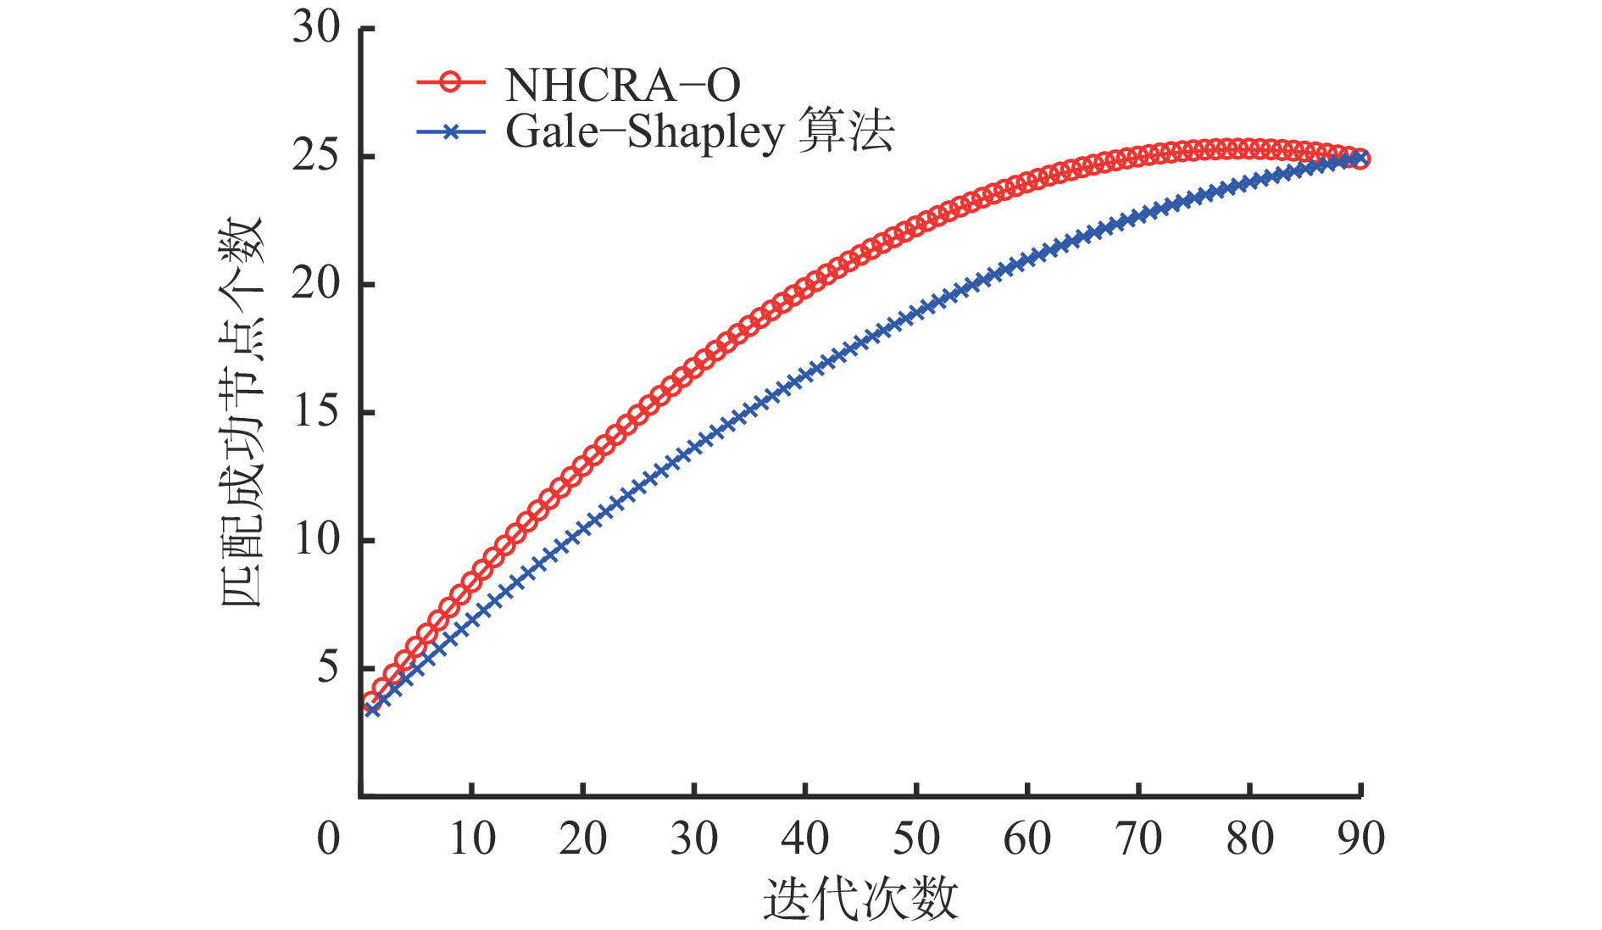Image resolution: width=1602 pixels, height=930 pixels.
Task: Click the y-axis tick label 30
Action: tap(316, 28)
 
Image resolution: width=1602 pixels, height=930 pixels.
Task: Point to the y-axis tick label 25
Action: tap(316, 156)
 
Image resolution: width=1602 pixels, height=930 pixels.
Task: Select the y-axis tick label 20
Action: tap(316, 284)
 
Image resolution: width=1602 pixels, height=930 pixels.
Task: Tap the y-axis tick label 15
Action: tap(316, 412)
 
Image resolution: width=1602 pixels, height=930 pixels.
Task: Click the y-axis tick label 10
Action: tap(316, 540)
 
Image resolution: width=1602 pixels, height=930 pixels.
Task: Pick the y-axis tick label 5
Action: tap(328, 668)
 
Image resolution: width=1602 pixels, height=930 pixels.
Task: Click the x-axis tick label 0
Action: tap(328, 839)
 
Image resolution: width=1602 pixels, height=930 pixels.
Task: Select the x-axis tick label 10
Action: tap(472, 839)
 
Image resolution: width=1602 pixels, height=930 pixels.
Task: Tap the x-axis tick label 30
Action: tap(694, 839)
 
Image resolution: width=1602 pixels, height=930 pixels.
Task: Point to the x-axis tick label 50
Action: tap(916, 839)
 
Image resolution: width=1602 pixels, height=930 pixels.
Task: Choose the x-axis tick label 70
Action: tap(1138, 839)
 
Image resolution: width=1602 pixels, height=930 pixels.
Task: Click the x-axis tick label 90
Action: tap(1360, 839)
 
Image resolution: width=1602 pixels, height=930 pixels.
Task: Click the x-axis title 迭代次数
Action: tap(860, 899)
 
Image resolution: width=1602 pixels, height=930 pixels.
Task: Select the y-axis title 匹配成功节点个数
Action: tap(242, 412)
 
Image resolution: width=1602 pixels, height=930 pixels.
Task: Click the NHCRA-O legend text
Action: tap(622, 85)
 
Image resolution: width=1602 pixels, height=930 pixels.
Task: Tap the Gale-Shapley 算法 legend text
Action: tap(699, 132)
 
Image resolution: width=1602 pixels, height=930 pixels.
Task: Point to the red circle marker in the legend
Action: tap(451, 83)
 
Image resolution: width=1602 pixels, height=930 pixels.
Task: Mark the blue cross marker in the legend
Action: tap(451, 131)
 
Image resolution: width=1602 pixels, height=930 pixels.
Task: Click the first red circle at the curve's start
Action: tap(371, 702)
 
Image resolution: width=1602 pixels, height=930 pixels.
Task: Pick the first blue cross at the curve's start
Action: tap(371, 709)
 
